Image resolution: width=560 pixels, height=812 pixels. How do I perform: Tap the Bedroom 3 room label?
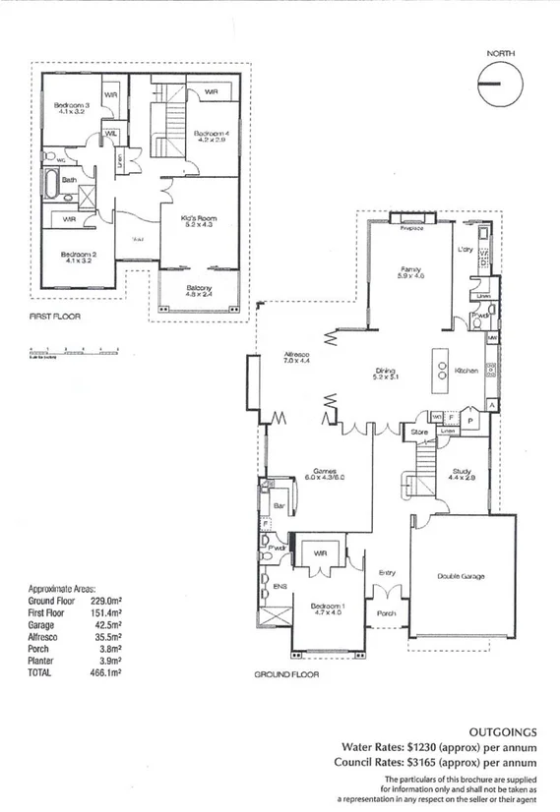pyautogui.click(x=72, y=108)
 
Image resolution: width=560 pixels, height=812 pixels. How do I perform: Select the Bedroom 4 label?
pyautogui.click(x=212, y=136)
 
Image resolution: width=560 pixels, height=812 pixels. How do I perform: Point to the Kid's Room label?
pyautogui.click(x=199, y=220)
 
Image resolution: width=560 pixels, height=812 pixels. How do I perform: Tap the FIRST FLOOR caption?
pyautogui.click(x=54, y=318)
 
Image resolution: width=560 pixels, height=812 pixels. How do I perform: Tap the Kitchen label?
pyautogui.click(x=467, y=371)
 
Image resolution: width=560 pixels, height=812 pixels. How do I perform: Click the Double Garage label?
pyautogui.click(x=462, y=577)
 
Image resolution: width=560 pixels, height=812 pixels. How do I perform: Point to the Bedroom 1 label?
pyautogui.click(x=326, y=608)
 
